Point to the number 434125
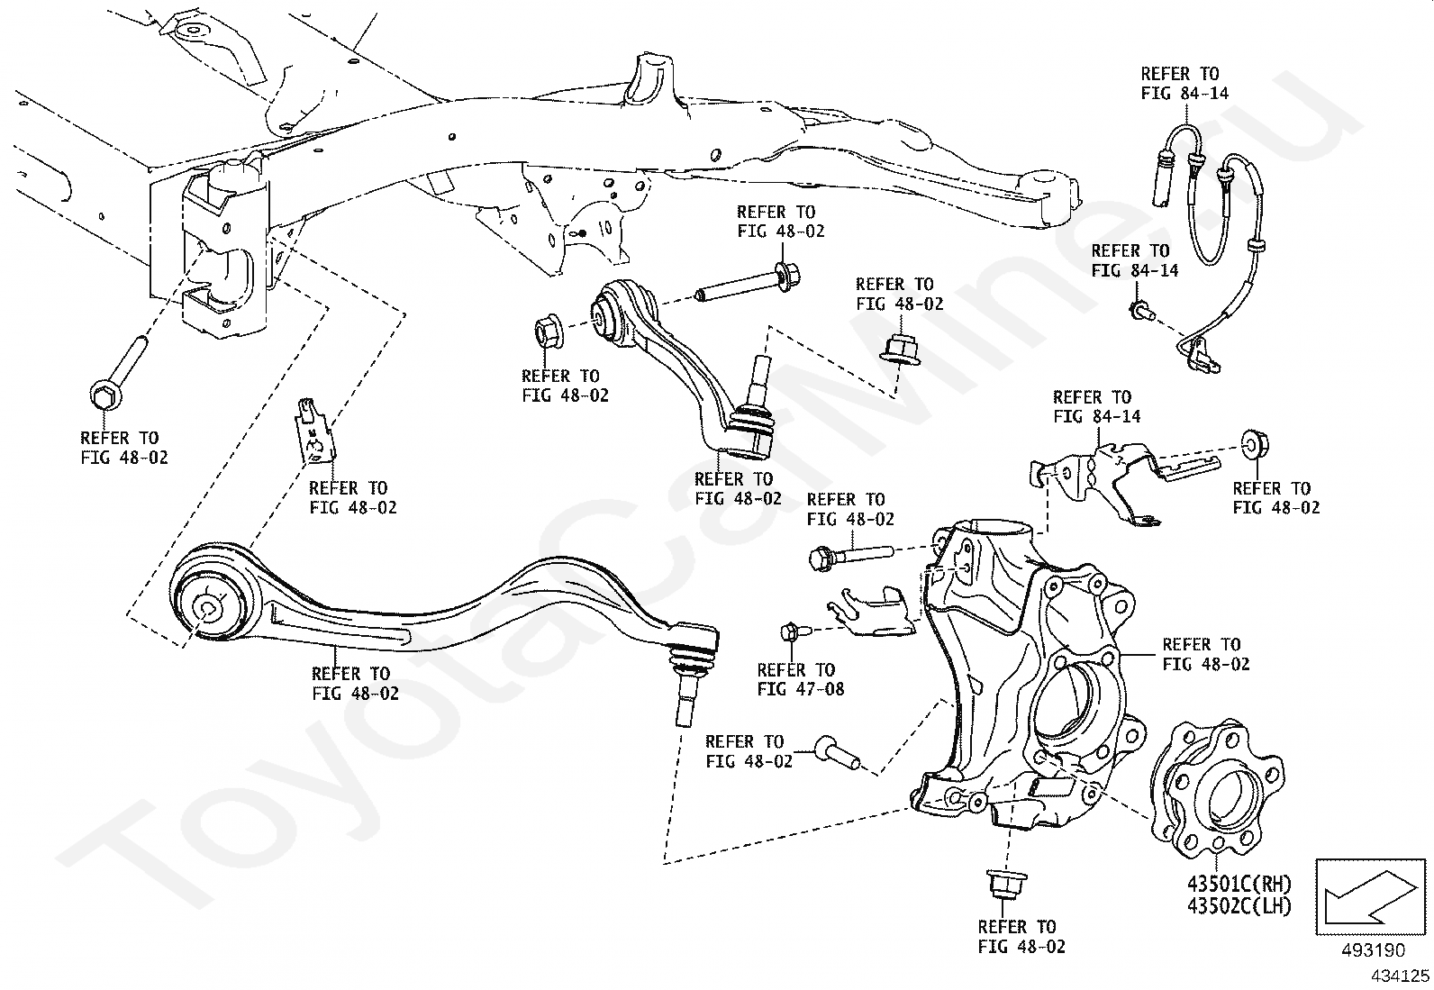(1400, 975)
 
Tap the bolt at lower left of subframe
(113, 378)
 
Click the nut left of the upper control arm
(549, 332)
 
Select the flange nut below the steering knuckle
(1003, 884)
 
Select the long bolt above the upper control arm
(748, 282)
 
